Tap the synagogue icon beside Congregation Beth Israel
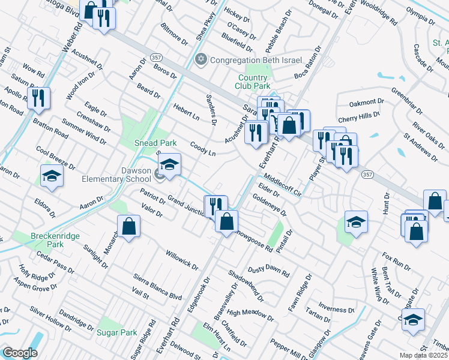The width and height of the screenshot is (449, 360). pyautogui.click(x=201, y=60)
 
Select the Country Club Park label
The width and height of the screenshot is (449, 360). pyautogui.click(x=252, y=82)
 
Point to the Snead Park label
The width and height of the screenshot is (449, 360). pyautogui.click(x=138, y=143)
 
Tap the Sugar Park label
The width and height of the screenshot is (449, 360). pyautogui.click(x=116, y=332)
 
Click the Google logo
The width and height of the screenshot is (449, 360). pyautogui.click(x=20, y=353)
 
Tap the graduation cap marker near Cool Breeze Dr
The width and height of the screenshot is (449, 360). pyautogui.click(x=52, y=176)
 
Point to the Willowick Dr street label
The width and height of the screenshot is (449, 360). pyautogui.click(x=182, y=259)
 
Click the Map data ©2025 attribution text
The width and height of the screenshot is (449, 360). pyautogui.click(x=424, y=355)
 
